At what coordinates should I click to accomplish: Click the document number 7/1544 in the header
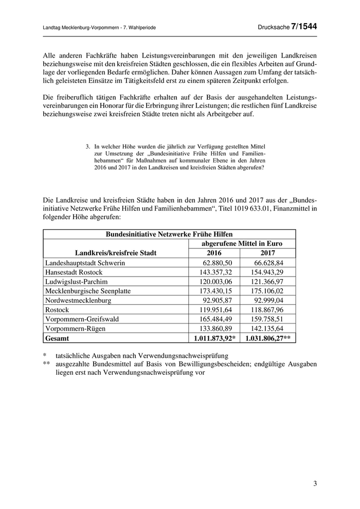[303, 26]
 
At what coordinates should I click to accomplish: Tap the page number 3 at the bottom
[315, 484]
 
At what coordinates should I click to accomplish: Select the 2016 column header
[214, 253]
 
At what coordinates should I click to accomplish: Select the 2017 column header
[267, 253]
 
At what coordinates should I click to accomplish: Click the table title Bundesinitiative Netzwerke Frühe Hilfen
[169, 234]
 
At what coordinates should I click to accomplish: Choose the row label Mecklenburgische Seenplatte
[88, 291]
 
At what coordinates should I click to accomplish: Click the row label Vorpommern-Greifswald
[82, 319]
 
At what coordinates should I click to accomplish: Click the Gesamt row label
[57, 338]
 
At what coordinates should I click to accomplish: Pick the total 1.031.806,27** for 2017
[268, 338]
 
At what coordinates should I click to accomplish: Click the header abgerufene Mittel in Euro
[242, 244]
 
